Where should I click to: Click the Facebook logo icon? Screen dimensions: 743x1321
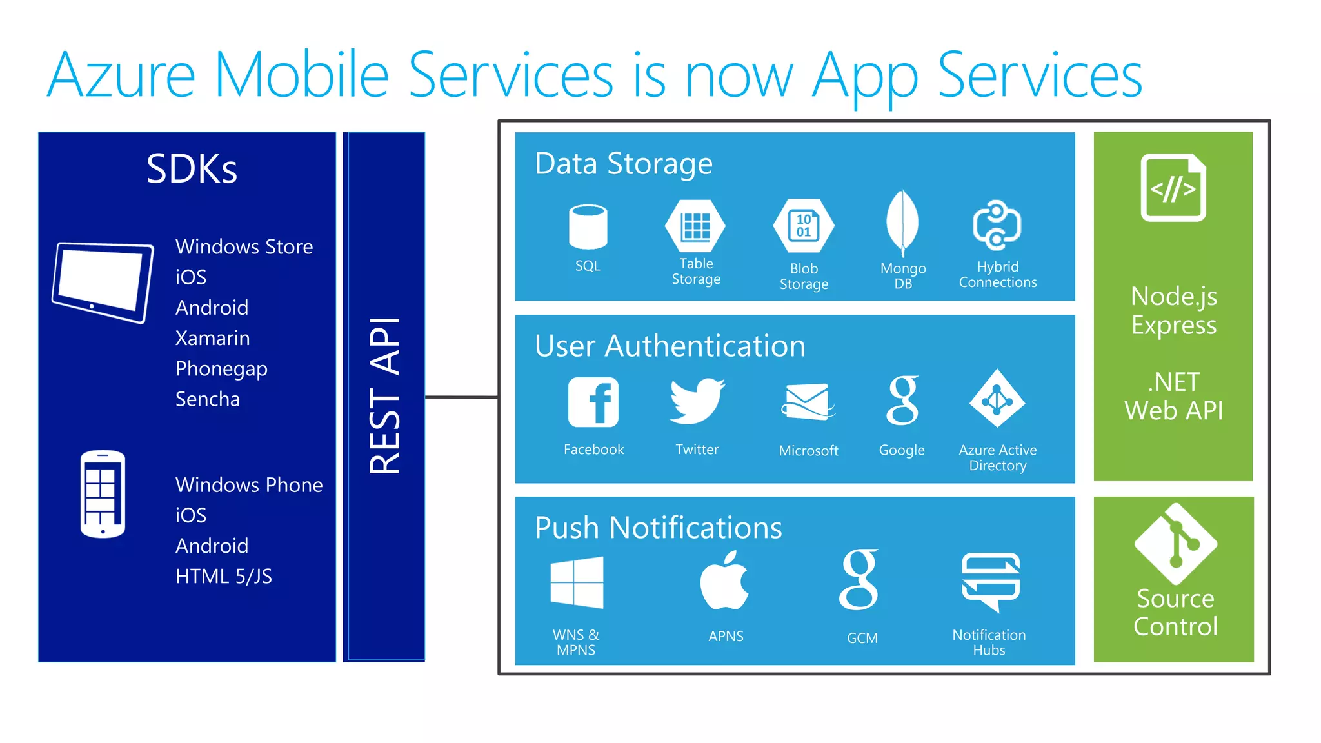coord(593,402)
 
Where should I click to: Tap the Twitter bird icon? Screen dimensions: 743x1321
coord(697,401)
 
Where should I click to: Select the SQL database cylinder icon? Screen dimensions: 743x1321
coord(588,227)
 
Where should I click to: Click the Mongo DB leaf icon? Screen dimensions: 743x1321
coord(902,223)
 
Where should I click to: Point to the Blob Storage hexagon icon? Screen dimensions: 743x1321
coord(804,226)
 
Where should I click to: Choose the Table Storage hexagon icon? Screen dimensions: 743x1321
coord(695,226)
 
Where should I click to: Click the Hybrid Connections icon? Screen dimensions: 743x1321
coord(997,225)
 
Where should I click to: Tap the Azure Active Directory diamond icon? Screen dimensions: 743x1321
coord(997,399)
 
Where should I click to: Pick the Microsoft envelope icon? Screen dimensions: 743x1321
coord(808,402)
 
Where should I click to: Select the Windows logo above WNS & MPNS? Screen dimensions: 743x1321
coord(577,582)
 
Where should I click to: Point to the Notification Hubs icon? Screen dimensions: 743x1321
coord(990,581)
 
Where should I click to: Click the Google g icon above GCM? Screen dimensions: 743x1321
coord(860,580)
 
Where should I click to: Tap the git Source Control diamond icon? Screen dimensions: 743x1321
coord(1175,544)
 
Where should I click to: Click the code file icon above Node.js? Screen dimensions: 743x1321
coord(1173,188)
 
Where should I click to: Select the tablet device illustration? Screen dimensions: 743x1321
coord(103,282)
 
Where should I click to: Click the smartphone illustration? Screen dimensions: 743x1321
coord(103,494)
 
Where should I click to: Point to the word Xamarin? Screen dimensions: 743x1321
coord(212,338)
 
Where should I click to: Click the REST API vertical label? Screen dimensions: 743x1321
coord(385,396)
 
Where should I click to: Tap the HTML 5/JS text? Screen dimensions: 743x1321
coord(223,576)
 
